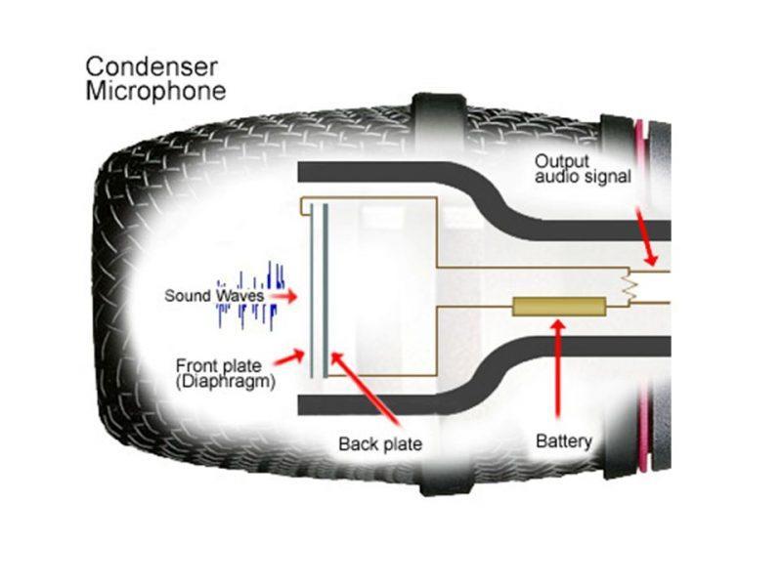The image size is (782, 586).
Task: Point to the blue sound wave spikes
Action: pos(249,294)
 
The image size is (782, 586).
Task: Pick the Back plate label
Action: pos(380,444)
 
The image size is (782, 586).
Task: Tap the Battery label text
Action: pos(564,441)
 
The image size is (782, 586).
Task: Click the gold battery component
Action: pos(554,308)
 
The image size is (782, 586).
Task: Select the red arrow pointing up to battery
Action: pos(558,371)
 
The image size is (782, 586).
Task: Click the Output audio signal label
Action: pos(583,168)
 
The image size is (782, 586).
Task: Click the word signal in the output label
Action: pos(611,177)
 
